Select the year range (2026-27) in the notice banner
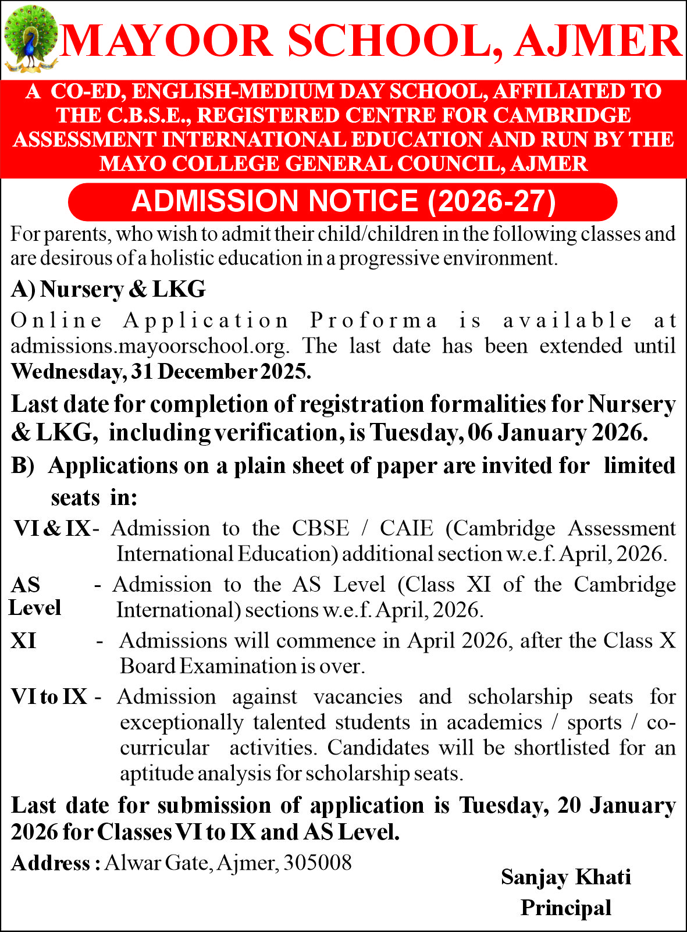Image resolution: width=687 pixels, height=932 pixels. (492, 201)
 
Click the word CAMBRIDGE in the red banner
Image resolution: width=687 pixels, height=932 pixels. (562, 115)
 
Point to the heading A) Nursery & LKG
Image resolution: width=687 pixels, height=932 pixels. (108, 289)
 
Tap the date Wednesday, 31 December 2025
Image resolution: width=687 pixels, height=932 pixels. (161, 371)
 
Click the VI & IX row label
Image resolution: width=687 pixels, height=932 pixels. (52, 528)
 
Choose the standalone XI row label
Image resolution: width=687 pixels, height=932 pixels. (23, 641)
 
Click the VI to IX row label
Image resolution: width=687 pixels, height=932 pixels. (49, 696)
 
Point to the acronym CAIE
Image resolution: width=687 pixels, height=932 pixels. (407, 528)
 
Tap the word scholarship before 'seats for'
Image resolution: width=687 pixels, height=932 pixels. (520, 696)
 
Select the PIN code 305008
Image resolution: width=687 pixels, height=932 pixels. (318, 862)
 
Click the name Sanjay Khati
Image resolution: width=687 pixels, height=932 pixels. (566, 877)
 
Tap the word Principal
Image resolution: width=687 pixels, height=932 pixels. (566, 908)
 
